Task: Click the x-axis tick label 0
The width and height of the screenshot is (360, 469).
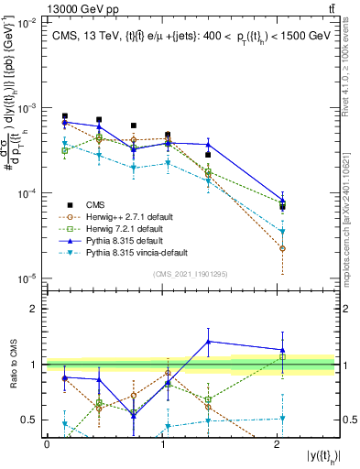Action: click(x=47, y=444)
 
